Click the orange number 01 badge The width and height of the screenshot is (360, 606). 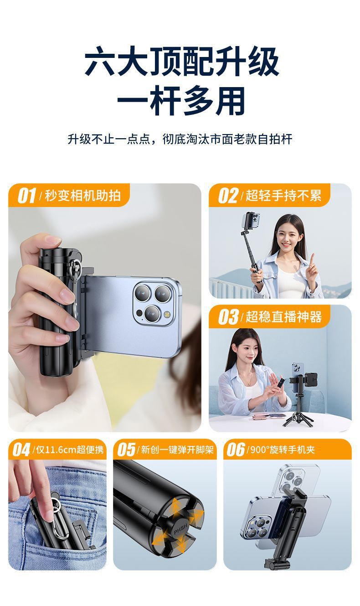coord(26,196)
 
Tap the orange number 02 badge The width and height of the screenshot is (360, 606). coord(228,196)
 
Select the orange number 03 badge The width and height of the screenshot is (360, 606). coord(228,317)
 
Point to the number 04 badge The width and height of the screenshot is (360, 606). coord(21,450)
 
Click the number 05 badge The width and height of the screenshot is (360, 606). coord(126,450)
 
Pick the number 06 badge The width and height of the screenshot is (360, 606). coord(236,450)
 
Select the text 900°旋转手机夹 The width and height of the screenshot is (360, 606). coord(283,450)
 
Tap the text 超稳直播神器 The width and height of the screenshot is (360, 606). coord(283,317)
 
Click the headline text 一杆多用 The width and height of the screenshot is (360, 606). coord(181,101)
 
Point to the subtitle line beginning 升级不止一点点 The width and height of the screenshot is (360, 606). coord(180,139)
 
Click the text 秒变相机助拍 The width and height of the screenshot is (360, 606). coord(82,196)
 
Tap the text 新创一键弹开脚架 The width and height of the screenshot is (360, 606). coord(177,450)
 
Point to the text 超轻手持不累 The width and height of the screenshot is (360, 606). coord(283,196)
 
